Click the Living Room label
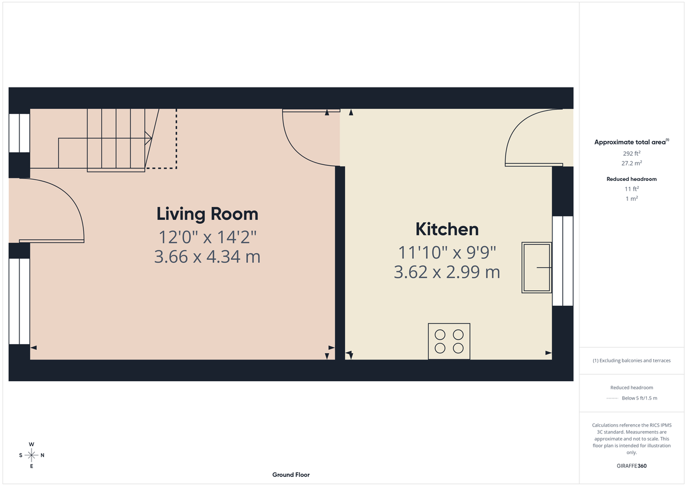(207, 214)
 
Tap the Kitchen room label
(447, 229)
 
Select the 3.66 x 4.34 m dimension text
(207, 257)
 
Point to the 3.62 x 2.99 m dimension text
(447, 272)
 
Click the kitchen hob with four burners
(449, 341)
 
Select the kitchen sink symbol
(536, 268)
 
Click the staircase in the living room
(117, 140)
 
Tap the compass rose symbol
(31, 455)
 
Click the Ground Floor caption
(291, 475)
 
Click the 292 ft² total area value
(631, 153)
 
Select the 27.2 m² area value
(631, 163)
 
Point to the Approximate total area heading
(631, 142)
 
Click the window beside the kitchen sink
(562, 260)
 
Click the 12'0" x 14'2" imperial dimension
(207, 236)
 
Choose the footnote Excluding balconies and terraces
(631, 361)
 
